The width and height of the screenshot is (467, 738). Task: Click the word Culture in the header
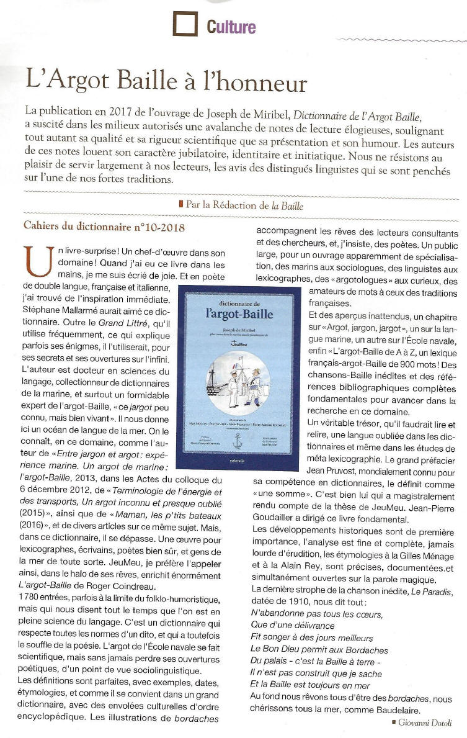pyautogui.click(x=231, y=27)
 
